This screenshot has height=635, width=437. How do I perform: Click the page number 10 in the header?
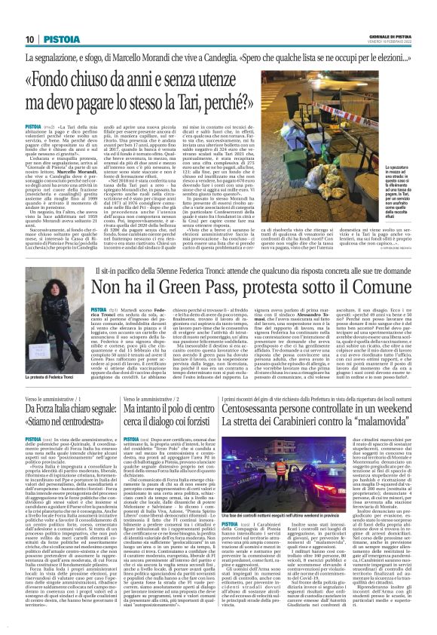click(30, 18)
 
